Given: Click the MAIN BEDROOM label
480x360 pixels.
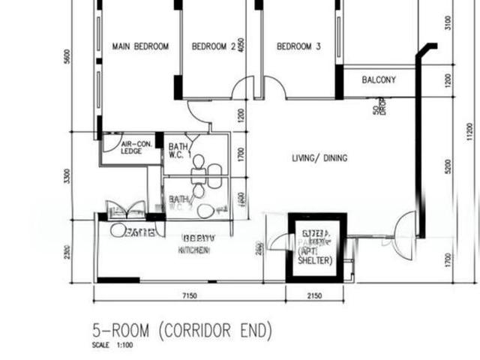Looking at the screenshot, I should pos(140,46).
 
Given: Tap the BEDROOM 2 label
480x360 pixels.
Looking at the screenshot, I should pos(214,46).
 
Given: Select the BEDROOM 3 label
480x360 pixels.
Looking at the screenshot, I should pos(298,46).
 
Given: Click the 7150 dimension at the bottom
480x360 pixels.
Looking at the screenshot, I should pos(189,296).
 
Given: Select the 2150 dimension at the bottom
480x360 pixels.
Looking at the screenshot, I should pos(315,296).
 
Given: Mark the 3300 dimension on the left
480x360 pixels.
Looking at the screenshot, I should pos(67,177).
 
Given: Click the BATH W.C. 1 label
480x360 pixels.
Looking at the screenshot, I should pos(179,151).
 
